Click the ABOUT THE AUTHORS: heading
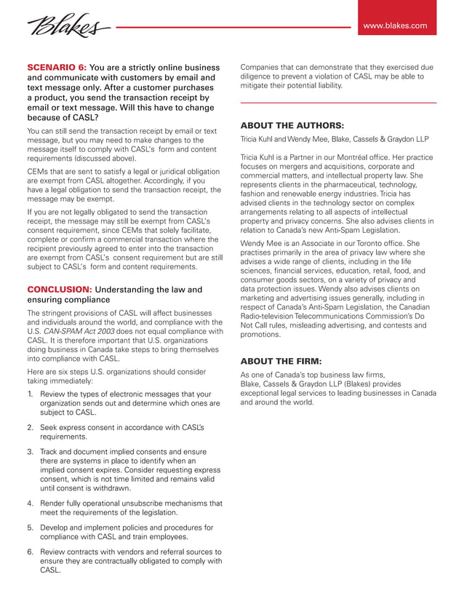pos(292,125)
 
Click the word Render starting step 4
pos(55,503)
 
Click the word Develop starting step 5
pos(57,528)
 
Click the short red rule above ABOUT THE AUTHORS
pos(338,103)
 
